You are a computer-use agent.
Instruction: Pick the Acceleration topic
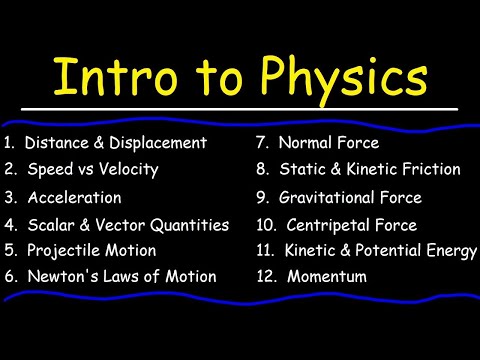[75, 198]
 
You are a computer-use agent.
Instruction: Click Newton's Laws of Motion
[120, 276]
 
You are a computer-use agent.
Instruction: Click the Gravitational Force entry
[350, 198]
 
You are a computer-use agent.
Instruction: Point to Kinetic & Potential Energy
[381, 250]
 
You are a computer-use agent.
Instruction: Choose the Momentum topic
[327, 276]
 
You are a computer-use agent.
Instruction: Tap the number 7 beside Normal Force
[261, 143]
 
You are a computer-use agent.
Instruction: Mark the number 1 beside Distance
[8, 143]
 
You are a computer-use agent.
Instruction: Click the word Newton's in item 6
[59, 276]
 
